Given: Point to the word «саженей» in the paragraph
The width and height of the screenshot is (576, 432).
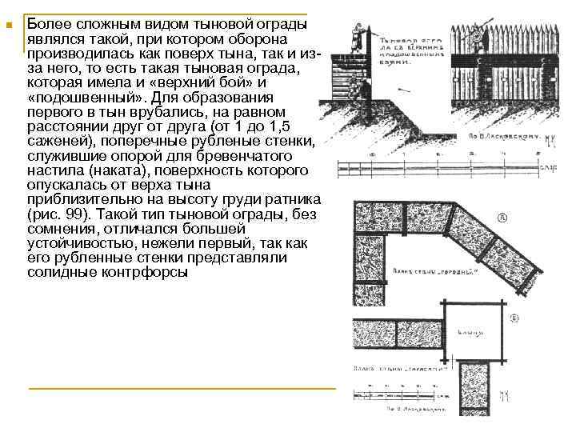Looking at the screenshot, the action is pyautogui.click(x=58, y=142).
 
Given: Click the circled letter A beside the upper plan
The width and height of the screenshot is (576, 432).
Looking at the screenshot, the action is pyautogui.click(x=502, y=216).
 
